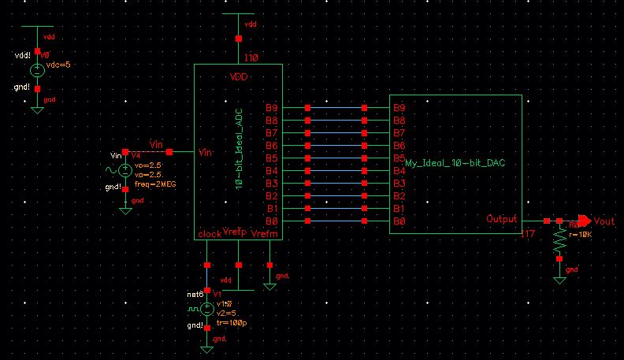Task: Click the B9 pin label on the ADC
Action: (271, 108)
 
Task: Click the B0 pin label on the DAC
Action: (399, 222)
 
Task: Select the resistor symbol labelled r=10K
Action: (559, 247)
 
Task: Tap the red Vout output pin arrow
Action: (584, 221)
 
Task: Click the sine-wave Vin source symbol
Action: (124, 169)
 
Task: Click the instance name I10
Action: (251, 58)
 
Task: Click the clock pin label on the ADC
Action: (210, 233)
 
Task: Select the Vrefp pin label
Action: (235, 233)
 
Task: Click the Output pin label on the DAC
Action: (502, 219)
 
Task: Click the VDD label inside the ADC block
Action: (239, 77)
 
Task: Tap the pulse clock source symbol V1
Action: (206, 308)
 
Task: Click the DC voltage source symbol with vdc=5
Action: (36, 70)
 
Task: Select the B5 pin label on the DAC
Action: (399, 158)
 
